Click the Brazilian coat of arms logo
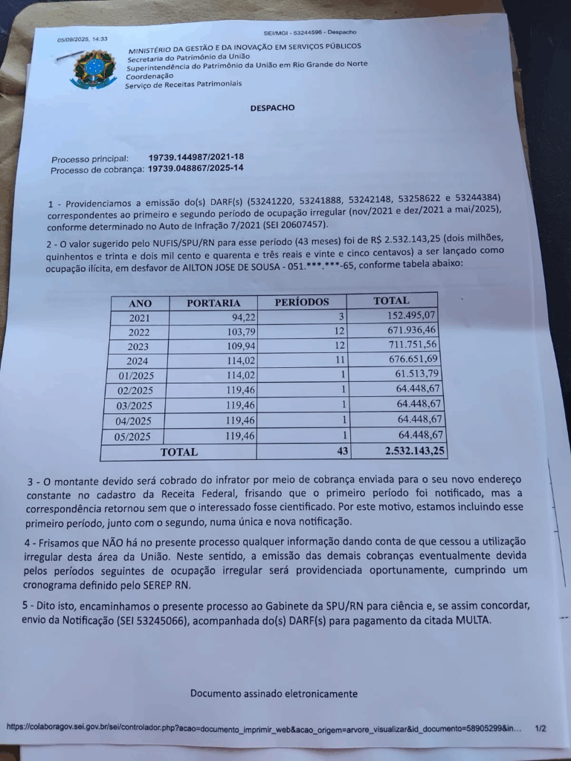tap(93, 69)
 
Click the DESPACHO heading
tap(272, 108)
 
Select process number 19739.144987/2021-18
tap(196, 158)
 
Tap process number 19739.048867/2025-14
tap(196, 168)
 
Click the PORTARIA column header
tap(213, 303)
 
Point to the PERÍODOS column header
tap(302, 302)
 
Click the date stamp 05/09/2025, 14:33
tap(83, 39)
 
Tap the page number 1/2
tap(541, 728)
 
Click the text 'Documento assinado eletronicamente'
tap(274, 693)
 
